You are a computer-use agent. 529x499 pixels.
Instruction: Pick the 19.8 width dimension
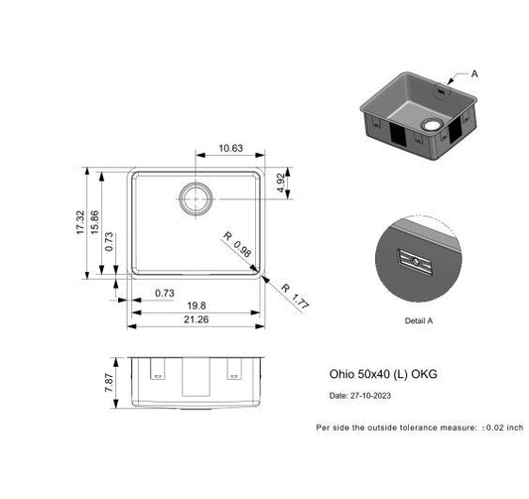pyautogui.click(x=196, y=306)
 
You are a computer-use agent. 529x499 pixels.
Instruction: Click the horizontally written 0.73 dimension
pyautogui.click(x=165, y=293)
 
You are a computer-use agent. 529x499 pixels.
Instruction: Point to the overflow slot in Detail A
pyautogui.click(x=413, y=260)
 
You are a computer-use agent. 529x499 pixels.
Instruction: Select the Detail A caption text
pyautogui.click(x=418, y=321)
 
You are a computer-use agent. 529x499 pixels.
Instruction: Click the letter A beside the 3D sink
pyautogui.click(x=473, y=73)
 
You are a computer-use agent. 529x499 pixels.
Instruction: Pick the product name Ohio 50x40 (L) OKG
pyautogui.click(x=383, y=375)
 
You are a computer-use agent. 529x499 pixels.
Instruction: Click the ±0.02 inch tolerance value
pyautogui.click(x=501, y=428)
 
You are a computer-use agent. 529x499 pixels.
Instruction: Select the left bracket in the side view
pyautogui.click(x=156, y=373)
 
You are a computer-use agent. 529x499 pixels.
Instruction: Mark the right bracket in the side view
pyautogui.click(x=234, y=373)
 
